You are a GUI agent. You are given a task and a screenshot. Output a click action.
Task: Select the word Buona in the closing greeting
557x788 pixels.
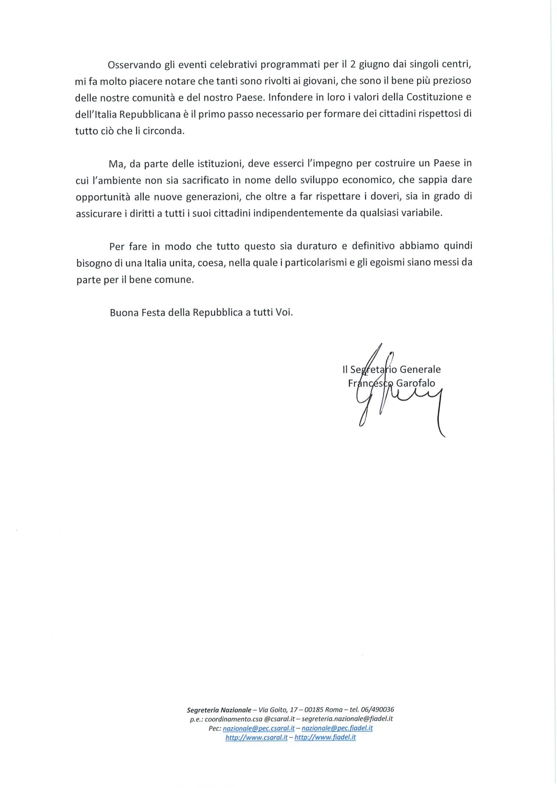[123, 313]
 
